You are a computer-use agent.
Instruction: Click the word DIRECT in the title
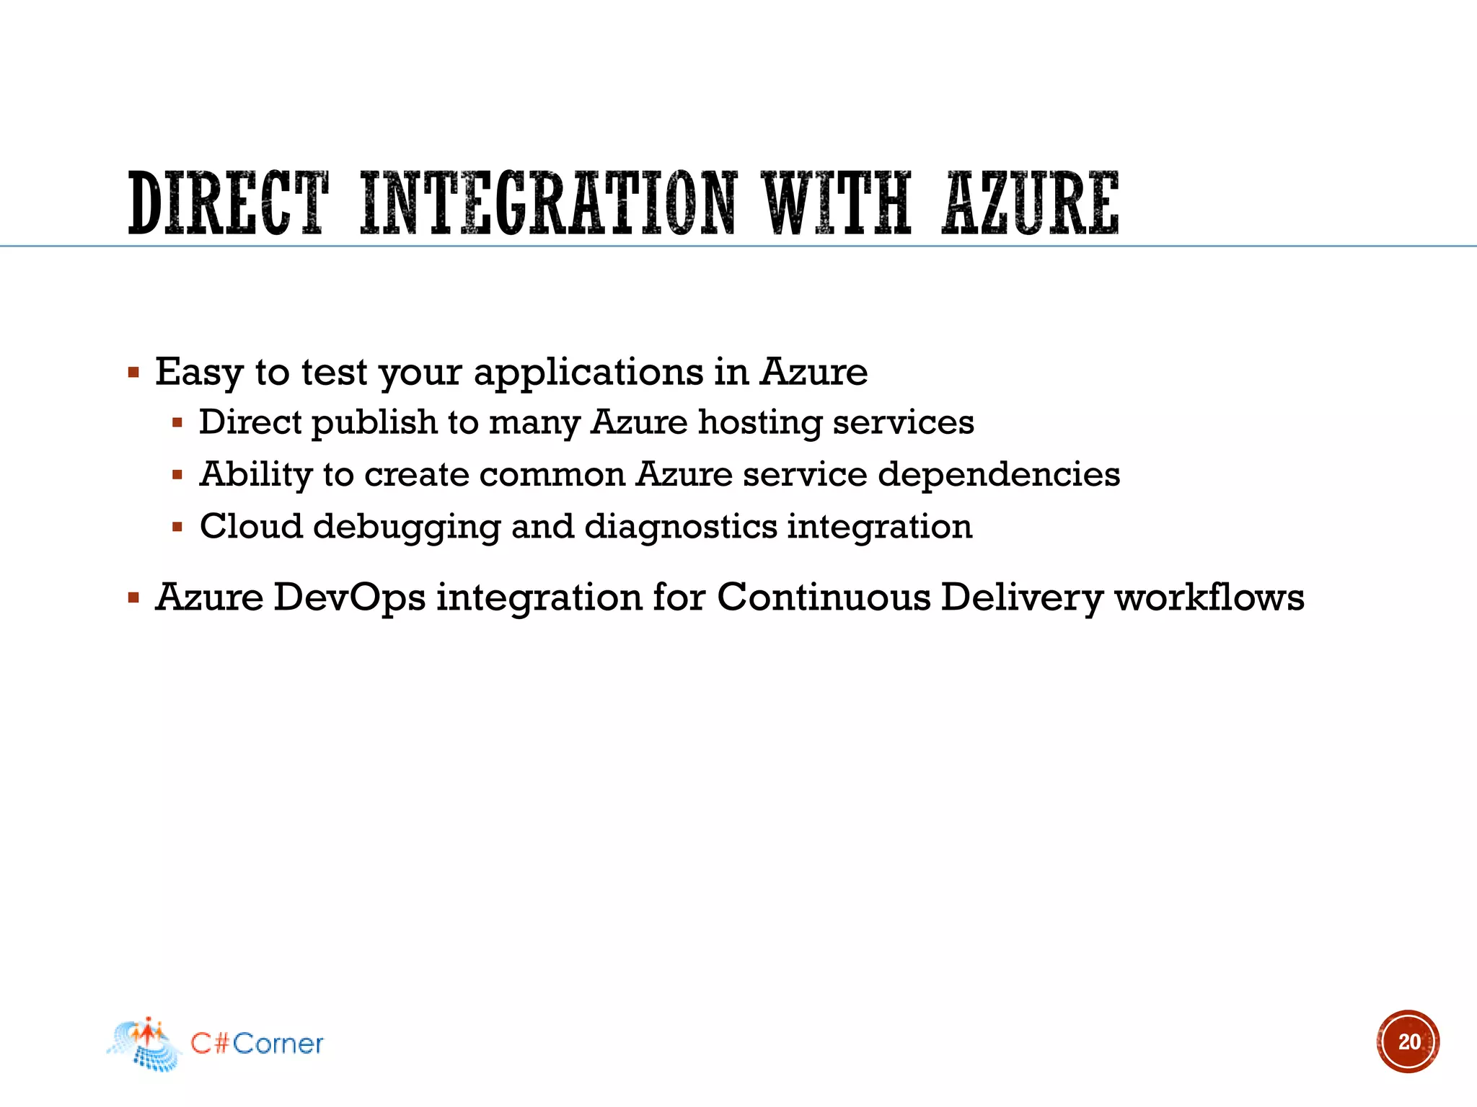228,204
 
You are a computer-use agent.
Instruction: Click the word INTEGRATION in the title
548,204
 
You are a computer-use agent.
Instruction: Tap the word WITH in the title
839,204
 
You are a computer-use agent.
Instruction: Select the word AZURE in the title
1031,204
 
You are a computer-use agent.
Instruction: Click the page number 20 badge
1408,1041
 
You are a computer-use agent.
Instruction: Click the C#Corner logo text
257,1044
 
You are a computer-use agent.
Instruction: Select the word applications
588,373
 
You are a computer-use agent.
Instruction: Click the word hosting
760,422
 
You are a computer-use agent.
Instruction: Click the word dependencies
999,474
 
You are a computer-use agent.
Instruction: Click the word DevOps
349,597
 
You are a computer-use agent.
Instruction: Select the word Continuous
824,597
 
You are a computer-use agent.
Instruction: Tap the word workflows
1209,597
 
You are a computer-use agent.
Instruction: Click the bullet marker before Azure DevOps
133,597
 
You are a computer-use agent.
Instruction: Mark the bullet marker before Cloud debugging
177,527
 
